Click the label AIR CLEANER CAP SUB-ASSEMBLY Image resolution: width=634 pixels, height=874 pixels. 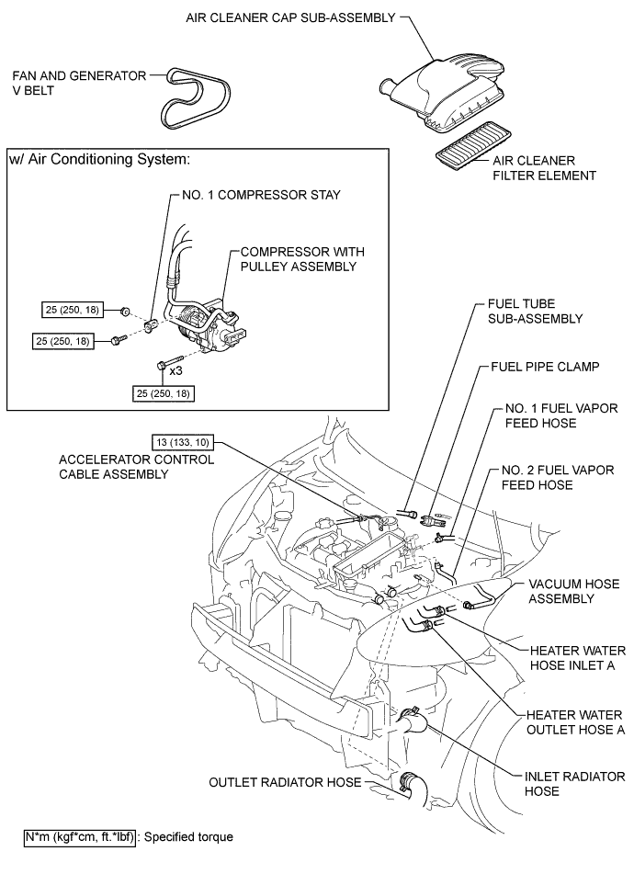[x=289, y=17]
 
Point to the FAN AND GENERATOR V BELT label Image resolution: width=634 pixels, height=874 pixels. [x=79, y=84]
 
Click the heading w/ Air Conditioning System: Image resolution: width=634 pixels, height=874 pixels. [x=99, y=159]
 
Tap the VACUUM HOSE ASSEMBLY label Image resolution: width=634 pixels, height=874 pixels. [x=567, y=591]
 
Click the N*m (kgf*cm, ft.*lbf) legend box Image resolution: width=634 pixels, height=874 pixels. [x=79, y=837]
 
